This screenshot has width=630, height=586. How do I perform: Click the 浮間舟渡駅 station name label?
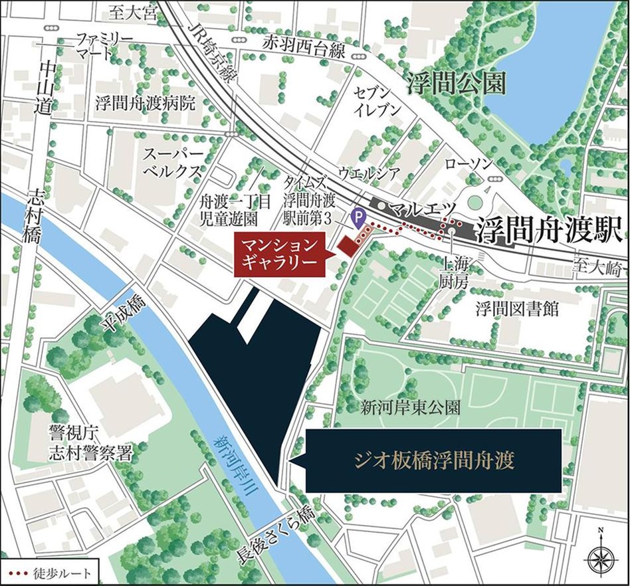[547, 231]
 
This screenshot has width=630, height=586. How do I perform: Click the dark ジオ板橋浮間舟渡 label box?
[433, 460]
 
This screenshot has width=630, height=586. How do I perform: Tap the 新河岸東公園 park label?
[410, 407]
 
